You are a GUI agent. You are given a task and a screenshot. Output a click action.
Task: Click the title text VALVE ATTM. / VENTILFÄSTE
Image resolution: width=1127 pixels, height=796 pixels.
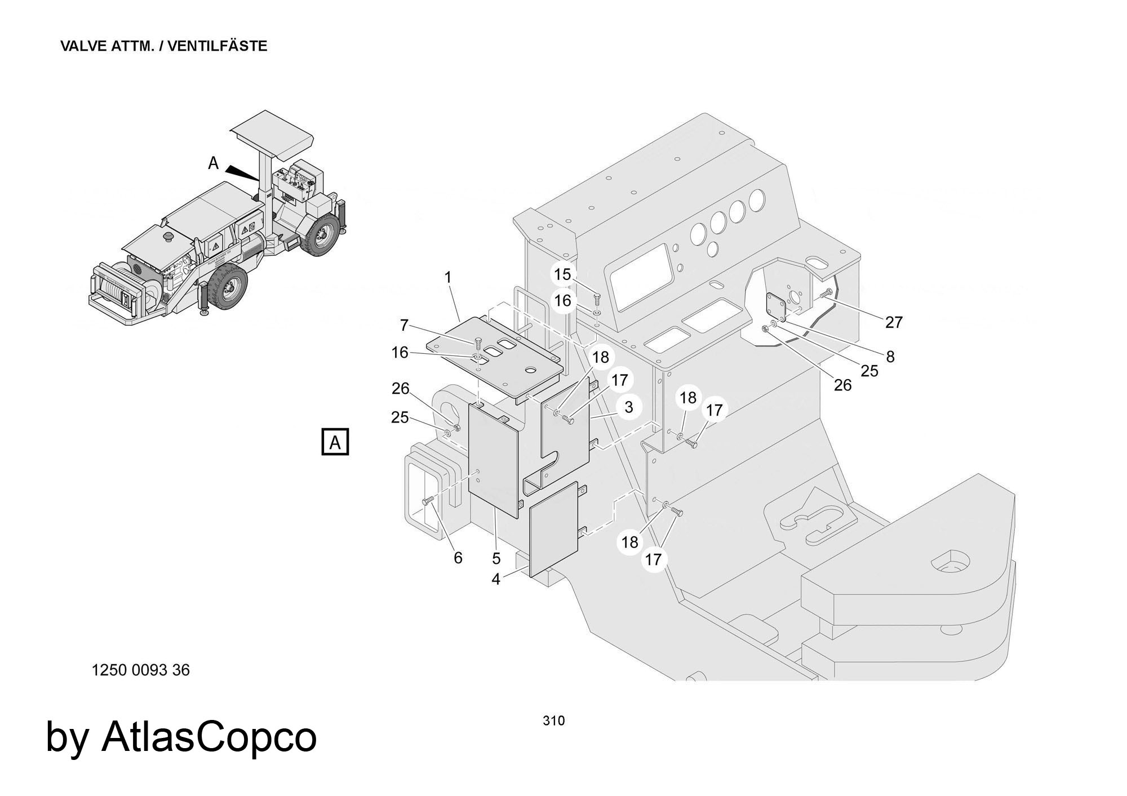(163, 46)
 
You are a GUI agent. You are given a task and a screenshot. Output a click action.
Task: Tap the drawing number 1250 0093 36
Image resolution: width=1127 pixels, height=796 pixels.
(140, 670)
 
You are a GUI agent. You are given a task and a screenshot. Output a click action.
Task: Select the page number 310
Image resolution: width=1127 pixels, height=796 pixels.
(553, 721)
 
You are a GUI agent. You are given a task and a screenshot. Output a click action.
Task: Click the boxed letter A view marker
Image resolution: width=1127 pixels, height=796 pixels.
(335, 442)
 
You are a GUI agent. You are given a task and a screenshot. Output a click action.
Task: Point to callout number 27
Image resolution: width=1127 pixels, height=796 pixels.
(894, 322)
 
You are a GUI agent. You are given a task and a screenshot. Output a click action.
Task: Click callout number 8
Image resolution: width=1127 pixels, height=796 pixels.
(890, 357)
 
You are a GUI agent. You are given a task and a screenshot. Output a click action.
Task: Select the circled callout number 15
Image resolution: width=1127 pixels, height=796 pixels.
(562, 274)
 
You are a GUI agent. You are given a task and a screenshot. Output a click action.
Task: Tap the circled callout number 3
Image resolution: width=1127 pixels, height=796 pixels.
(628, 407)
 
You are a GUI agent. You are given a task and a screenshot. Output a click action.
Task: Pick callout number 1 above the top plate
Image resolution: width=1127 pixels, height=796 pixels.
(448, 277)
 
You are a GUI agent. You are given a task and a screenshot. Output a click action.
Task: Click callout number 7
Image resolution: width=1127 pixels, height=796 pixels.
(403, 325)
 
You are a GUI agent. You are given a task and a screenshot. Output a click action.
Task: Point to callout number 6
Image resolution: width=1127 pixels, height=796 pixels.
(458, 558)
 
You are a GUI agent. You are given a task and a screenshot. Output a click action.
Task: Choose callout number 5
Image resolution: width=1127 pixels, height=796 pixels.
(496, 558)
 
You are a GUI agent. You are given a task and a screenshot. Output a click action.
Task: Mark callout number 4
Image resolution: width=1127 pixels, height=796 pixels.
(495, 579)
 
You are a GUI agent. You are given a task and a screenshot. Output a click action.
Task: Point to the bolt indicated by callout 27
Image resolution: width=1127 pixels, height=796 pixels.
(827, 293)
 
